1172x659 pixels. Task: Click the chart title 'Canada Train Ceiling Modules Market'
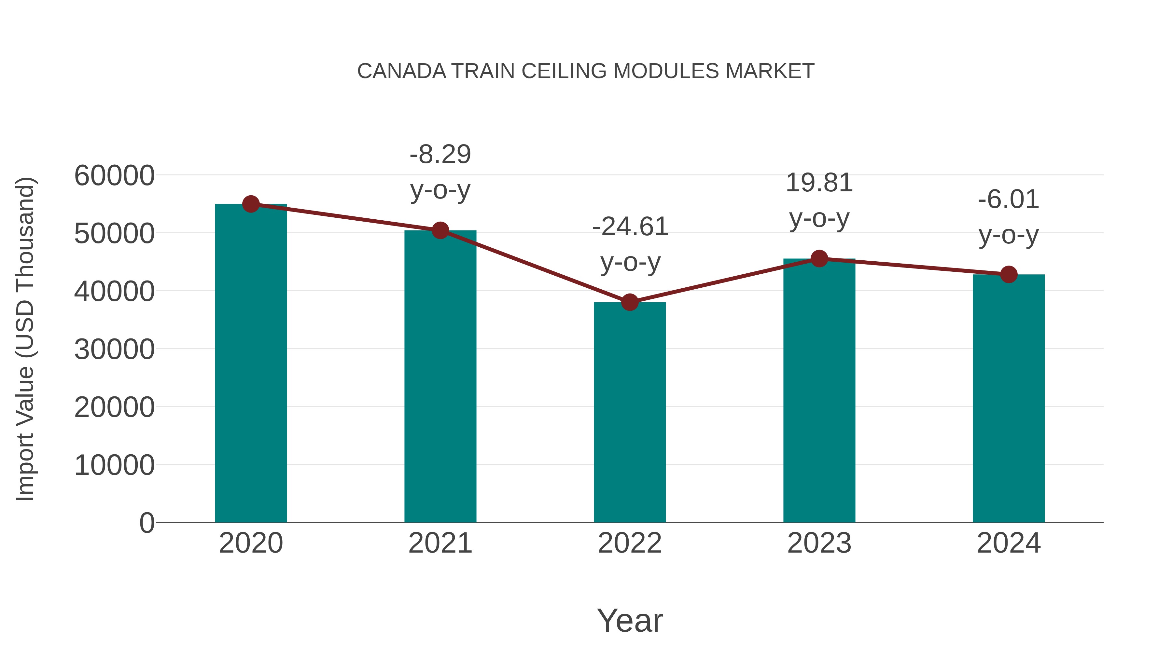(x=586, y=71)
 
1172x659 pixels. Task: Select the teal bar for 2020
(x=251, y=364)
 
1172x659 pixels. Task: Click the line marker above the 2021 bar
(x=440, y=231)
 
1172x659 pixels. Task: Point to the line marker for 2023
(x=819, y=259)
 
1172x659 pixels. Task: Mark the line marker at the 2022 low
(x=630, y=302)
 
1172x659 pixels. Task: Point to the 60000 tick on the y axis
(x=114, y=175)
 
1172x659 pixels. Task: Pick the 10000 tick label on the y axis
(x=114, y=465)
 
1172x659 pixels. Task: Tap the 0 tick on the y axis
(x=147, y=523)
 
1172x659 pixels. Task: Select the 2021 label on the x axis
(x=440, y=543)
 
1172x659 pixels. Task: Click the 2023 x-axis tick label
(x=819, y=543)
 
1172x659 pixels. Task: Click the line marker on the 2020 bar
(x=251, y=204)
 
